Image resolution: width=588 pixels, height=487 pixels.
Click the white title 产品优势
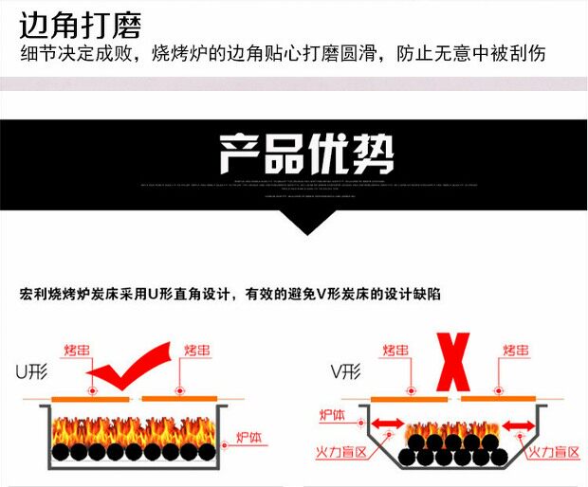[305, 153]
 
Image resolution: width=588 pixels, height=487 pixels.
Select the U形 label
[29, 370]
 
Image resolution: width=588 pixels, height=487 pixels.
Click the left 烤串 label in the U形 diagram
[80, 351]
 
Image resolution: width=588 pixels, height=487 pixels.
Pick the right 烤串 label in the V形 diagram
[515, 351]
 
